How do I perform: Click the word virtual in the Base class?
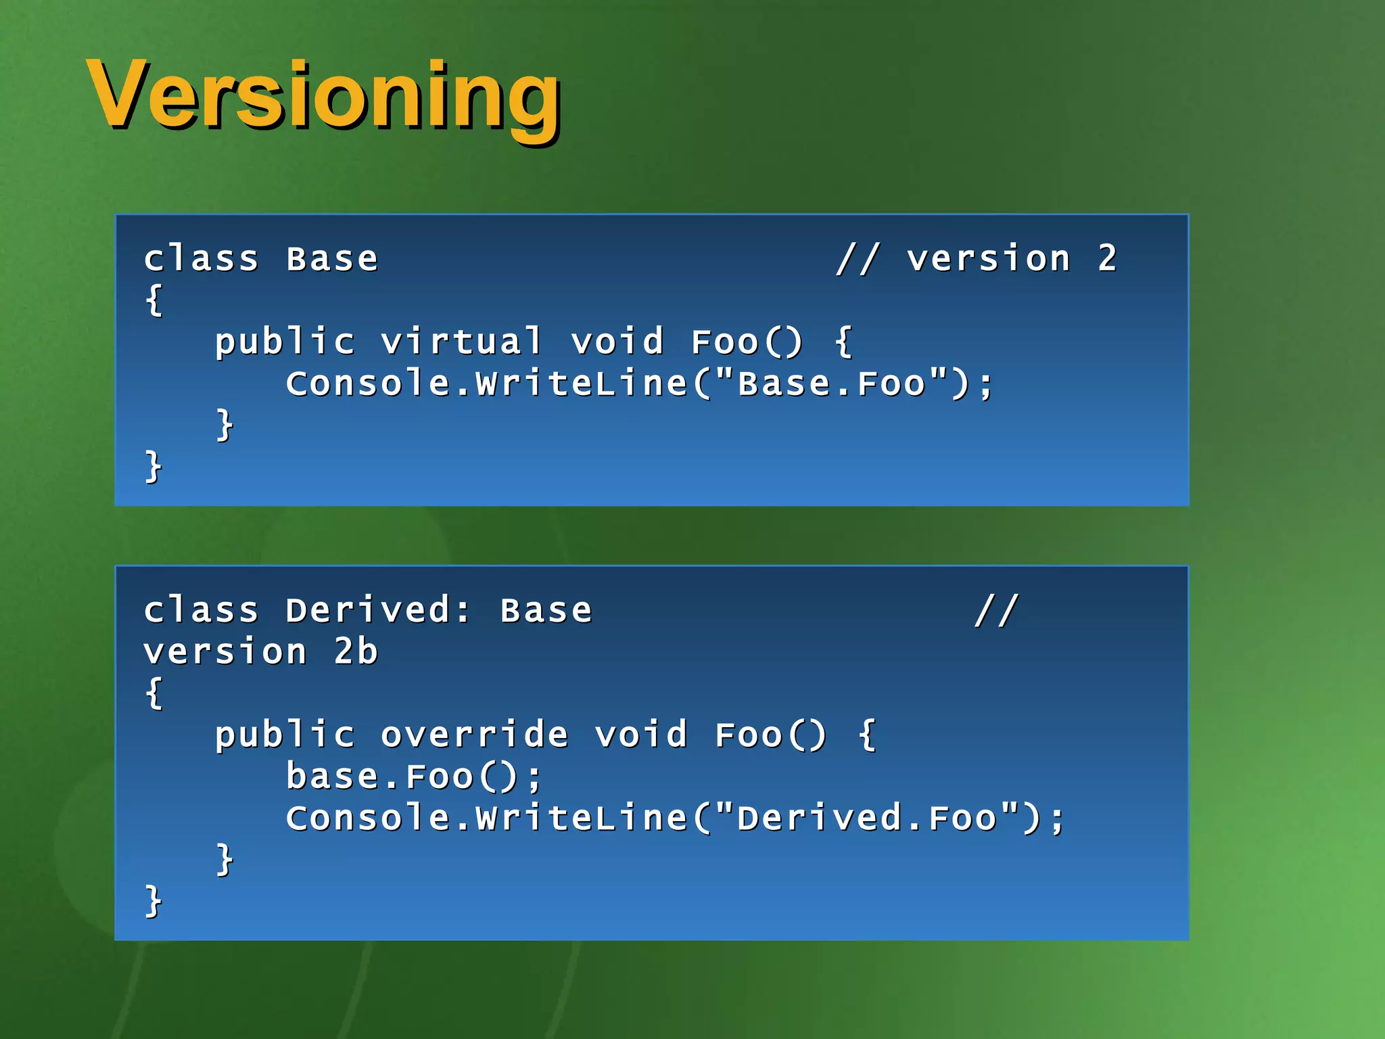(462, 342)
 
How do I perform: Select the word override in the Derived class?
(474, 735)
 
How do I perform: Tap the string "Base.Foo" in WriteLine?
(831, 384)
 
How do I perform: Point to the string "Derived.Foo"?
(866, 818)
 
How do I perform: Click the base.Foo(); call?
(413, 777)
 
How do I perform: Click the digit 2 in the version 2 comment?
(1107, 258)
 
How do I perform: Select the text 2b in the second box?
(356, 652)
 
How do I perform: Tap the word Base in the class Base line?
(332, 259)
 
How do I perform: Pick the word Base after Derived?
(546, 610)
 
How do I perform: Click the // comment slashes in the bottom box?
(996, 610)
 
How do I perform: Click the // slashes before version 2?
(858, 258)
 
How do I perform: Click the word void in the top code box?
(617, 342)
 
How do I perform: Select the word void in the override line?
(641, 735)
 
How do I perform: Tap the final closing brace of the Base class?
(154, 467)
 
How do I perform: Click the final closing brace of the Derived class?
(154, 901)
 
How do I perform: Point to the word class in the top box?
(202, 259)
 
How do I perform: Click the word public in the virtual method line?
(285, 342)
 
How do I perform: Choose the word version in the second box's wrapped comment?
(225, 652)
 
